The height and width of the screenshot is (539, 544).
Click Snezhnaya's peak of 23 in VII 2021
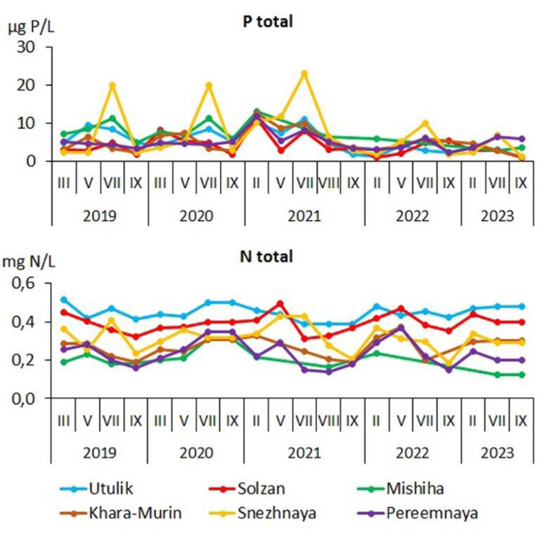coord(304,74)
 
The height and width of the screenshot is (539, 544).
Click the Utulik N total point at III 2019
coord(64,299)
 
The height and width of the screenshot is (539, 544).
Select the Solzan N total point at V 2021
coord(280,303)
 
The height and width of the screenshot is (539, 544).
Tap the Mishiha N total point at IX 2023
coord(521,375)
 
